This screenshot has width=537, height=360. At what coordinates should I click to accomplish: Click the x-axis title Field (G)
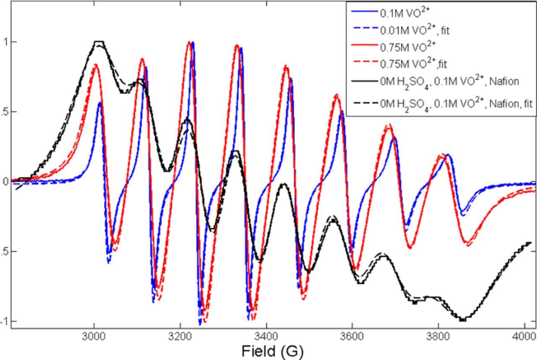pos(272,351)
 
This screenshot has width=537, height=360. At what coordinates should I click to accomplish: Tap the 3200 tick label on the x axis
pos(180,337)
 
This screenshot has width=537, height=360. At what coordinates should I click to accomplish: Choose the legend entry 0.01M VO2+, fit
pos(414,30)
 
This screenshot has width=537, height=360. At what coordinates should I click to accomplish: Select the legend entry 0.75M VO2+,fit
pos(413,64)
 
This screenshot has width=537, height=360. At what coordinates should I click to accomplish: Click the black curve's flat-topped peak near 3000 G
pos(99,42)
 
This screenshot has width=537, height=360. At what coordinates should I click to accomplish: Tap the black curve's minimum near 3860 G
pos(463,320)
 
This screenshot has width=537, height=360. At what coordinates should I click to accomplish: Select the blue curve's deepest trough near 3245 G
pos(200,323)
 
